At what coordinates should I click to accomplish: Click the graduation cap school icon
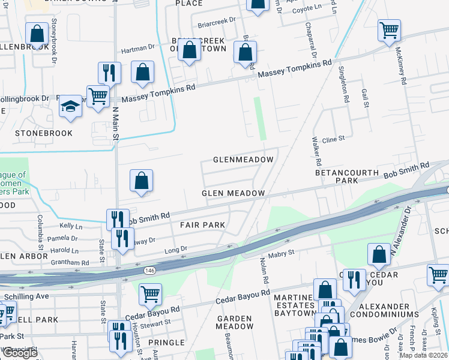click(70, 107)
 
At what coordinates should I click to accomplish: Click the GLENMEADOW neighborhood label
click(243, 160)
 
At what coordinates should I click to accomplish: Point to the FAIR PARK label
click(202, 225)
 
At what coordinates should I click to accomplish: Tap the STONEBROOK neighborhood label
click(44, 133)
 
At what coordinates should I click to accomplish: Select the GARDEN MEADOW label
click(235, 322)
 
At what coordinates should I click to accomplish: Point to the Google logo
click(20, 353)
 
